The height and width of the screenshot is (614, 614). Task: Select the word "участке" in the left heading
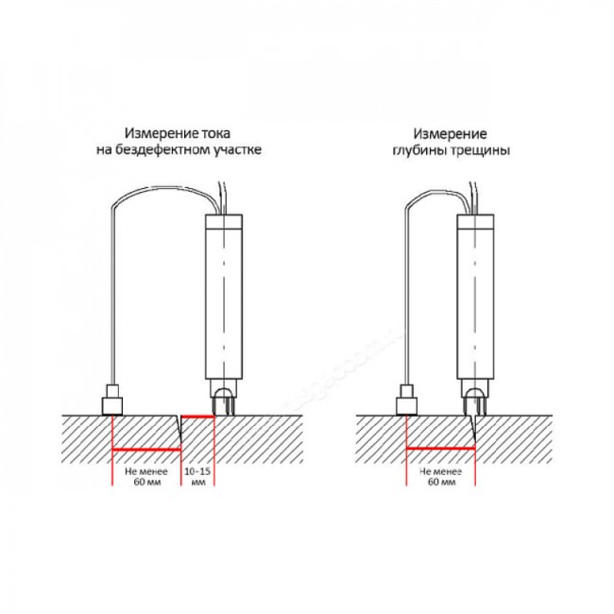coord(238,151)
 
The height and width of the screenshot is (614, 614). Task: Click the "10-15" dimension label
coord(197,471)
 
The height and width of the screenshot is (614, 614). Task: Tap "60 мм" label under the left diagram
coord(147,482)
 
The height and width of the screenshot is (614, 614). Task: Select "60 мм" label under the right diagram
coord(442,482)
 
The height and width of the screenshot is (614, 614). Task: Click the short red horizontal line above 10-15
coord(198,418)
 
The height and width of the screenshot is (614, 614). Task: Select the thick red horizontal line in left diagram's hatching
coord(146,450)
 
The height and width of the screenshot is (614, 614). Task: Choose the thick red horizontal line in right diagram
coord(441,448)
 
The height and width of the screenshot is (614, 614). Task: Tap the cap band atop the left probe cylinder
coord(224,222)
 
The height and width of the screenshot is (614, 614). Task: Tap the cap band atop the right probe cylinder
coord(475,222)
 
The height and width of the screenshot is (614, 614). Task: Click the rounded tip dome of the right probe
coord(474,394)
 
